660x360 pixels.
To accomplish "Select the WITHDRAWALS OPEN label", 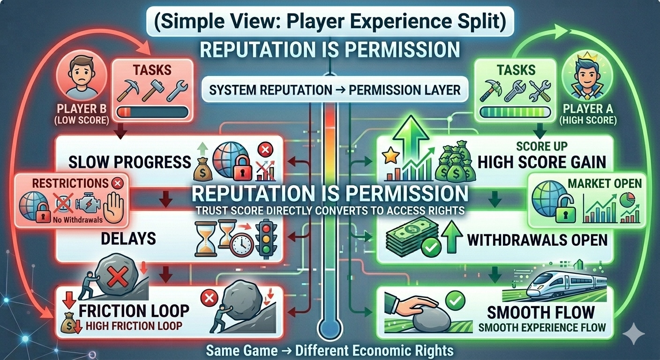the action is [x=537, y=240].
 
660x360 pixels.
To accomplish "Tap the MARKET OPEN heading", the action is [x=605, y=183].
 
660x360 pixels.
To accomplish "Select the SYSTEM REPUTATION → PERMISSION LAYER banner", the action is [x=335, y=90].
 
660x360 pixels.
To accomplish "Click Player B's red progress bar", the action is [x=152, y=112].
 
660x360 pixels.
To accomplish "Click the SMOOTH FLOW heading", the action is [x=540, y=312].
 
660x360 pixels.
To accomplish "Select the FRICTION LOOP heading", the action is [x=134, y=310].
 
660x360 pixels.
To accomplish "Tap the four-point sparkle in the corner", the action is [x=637, y=333].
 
